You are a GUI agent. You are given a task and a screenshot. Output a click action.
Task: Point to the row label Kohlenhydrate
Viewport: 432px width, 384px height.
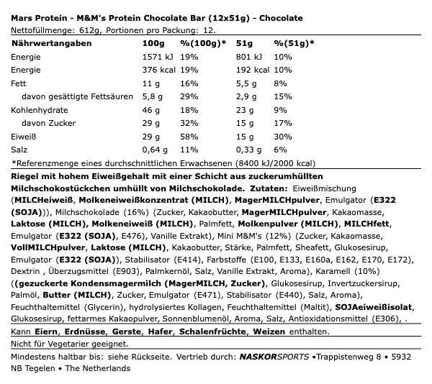pos(37,110)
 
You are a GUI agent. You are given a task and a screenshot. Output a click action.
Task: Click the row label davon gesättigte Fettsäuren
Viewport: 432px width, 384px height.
pos(78,96)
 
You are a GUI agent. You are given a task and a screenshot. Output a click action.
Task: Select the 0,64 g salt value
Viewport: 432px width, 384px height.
pos(156,150)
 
